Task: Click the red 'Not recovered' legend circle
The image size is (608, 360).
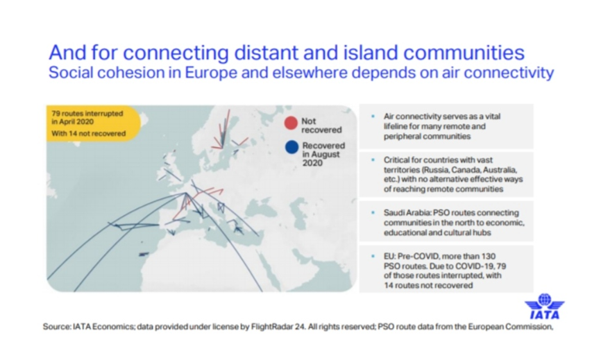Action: tap(291, 123)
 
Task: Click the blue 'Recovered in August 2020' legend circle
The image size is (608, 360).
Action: tap(292, 147)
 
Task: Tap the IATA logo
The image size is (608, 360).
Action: tap(544, 306)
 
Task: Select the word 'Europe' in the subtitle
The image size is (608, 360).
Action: tap(210, 73)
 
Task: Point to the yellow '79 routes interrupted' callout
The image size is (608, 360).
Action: tap(93, 123)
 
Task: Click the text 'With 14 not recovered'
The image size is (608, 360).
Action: tap(89, 133)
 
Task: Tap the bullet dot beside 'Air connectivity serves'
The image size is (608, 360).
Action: tap(373, 117)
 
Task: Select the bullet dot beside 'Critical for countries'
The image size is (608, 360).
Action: tap(373, 160)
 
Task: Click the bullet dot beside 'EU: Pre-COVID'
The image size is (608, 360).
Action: tap(373, 256)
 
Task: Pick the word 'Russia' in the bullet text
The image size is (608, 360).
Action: tap(436, 170)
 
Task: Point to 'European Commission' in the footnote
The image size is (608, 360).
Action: tap(510, 327)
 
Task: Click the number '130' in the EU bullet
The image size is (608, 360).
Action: tap(488, 256)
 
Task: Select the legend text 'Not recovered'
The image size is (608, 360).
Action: tap(321, 126)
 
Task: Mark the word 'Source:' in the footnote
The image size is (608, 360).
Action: tap(57, 327)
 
